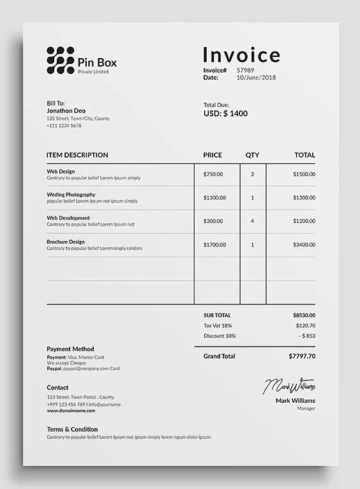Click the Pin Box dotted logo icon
[x=60, y=60]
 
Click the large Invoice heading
[x=241, y=55]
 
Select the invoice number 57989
[x=245, y=70]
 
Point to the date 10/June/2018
[x=256, y=77]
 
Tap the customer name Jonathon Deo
[x=66, y=110]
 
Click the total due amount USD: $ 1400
[x=225, y=114]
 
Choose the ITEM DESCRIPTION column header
[x=77, y=155]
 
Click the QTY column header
[x=252, y=155]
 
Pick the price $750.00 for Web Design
[x=213, y=174]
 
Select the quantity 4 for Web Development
[x=252, y=221]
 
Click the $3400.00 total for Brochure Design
[x=304, y=244]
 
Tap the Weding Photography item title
[x=71, y=194]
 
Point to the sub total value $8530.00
[x=304, y=315]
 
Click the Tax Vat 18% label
[x=218, y=326]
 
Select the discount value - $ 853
[x=307, y=336]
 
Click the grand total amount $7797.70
[x=302, y=356]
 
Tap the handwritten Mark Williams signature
[x=290, y=386]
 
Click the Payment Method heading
[x=70, y=349]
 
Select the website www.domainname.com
[x=71, y=410]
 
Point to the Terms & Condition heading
[x=72, y=430]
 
